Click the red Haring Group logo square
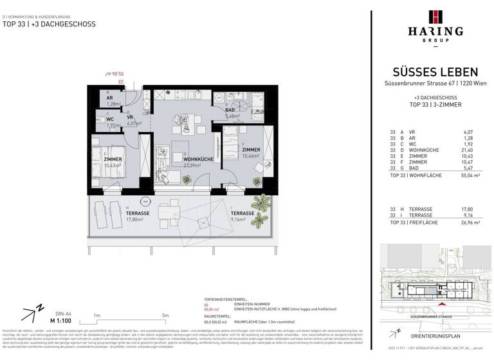click(x=437, y=17)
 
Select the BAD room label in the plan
click(x=229, y=110)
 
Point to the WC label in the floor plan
click(x=109, y=119)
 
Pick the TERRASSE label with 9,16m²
click(x=242, y=216)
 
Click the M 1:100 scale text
click(x=61, y=319)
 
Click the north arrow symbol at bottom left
click(x=30, y=314)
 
